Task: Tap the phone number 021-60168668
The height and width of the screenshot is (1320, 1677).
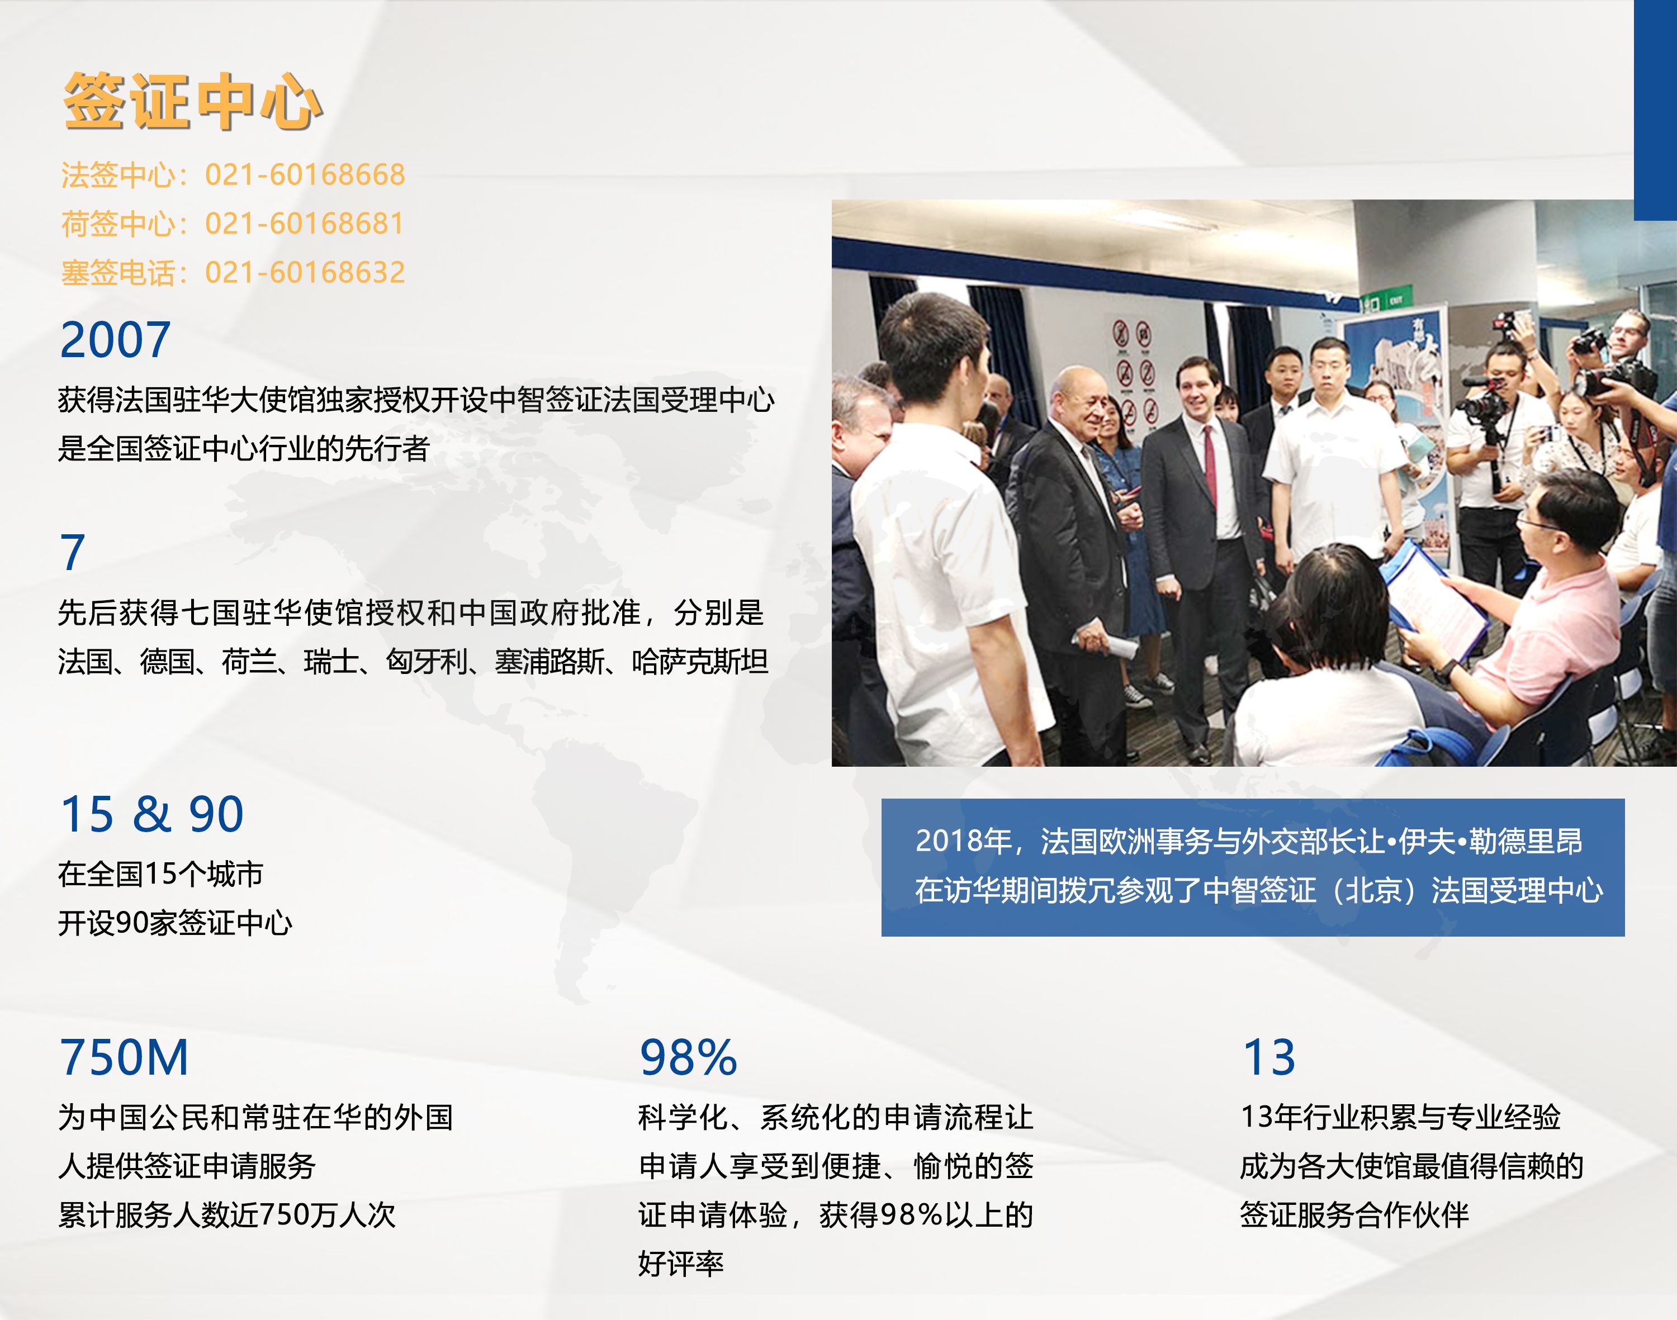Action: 305,175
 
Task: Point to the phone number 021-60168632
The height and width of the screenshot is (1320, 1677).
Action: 305,273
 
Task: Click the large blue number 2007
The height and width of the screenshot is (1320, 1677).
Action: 115,340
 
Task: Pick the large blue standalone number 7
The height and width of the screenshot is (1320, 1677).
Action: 73,553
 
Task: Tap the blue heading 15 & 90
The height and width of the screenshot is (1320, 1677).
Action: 151,814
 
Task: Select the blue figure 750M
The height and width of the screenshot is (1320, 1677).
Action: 124,1057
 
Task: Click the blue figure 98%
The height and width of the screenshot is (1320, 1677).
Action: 688,1057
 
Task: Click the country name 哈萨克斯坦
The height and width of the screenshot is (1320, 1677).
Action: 700,662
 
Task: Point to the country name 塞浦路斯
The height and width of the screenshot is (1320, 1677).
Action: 549,662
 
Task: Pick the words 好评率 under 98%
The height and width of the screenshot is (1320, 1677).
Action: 680,1264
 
